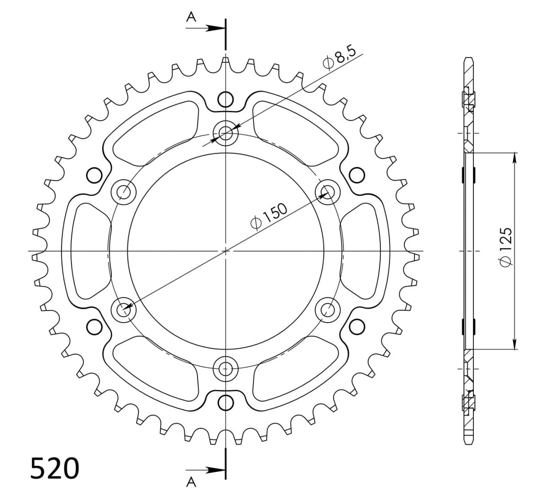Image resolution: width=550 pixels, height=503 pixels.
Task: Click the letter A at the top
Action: pos(191,17)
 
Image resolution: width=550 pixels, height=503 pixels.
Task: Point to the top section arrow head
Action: pos(215,28)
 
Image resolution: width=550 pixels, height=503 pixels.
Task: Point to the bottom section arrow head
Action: pos(215,470)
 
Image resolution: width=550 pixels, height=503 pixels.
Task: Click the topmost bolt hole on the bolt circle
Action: pos(225,133)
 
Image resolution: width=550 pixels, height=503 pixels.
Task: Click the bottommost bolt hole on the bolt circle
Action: pos(225,369)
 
